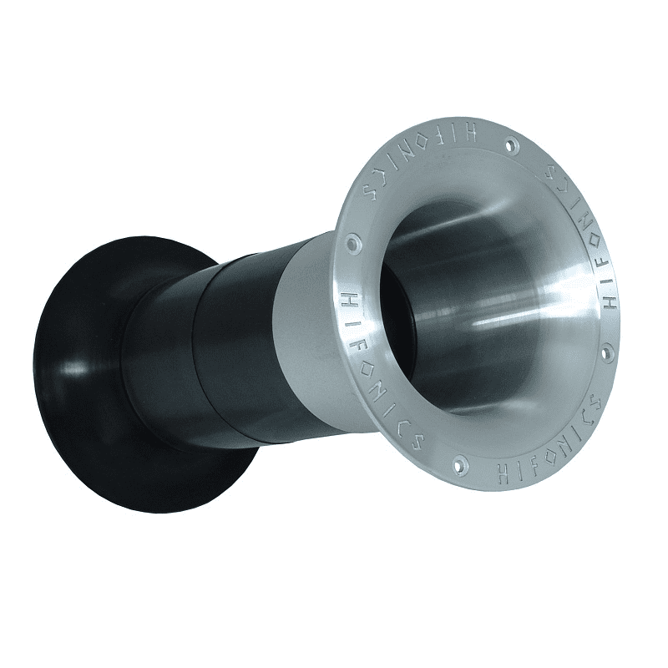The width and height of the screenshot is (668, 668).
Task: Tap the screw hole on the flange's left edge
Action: pyautogui.click(x=354, y=244)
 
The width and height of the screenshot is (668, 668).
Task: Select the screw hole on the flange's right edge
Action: pyautogui.click(x=607, y=352)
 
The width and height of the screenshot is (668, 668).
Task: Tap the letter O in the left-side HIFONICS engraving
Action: pyautogui.click(x=362, y=338)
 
